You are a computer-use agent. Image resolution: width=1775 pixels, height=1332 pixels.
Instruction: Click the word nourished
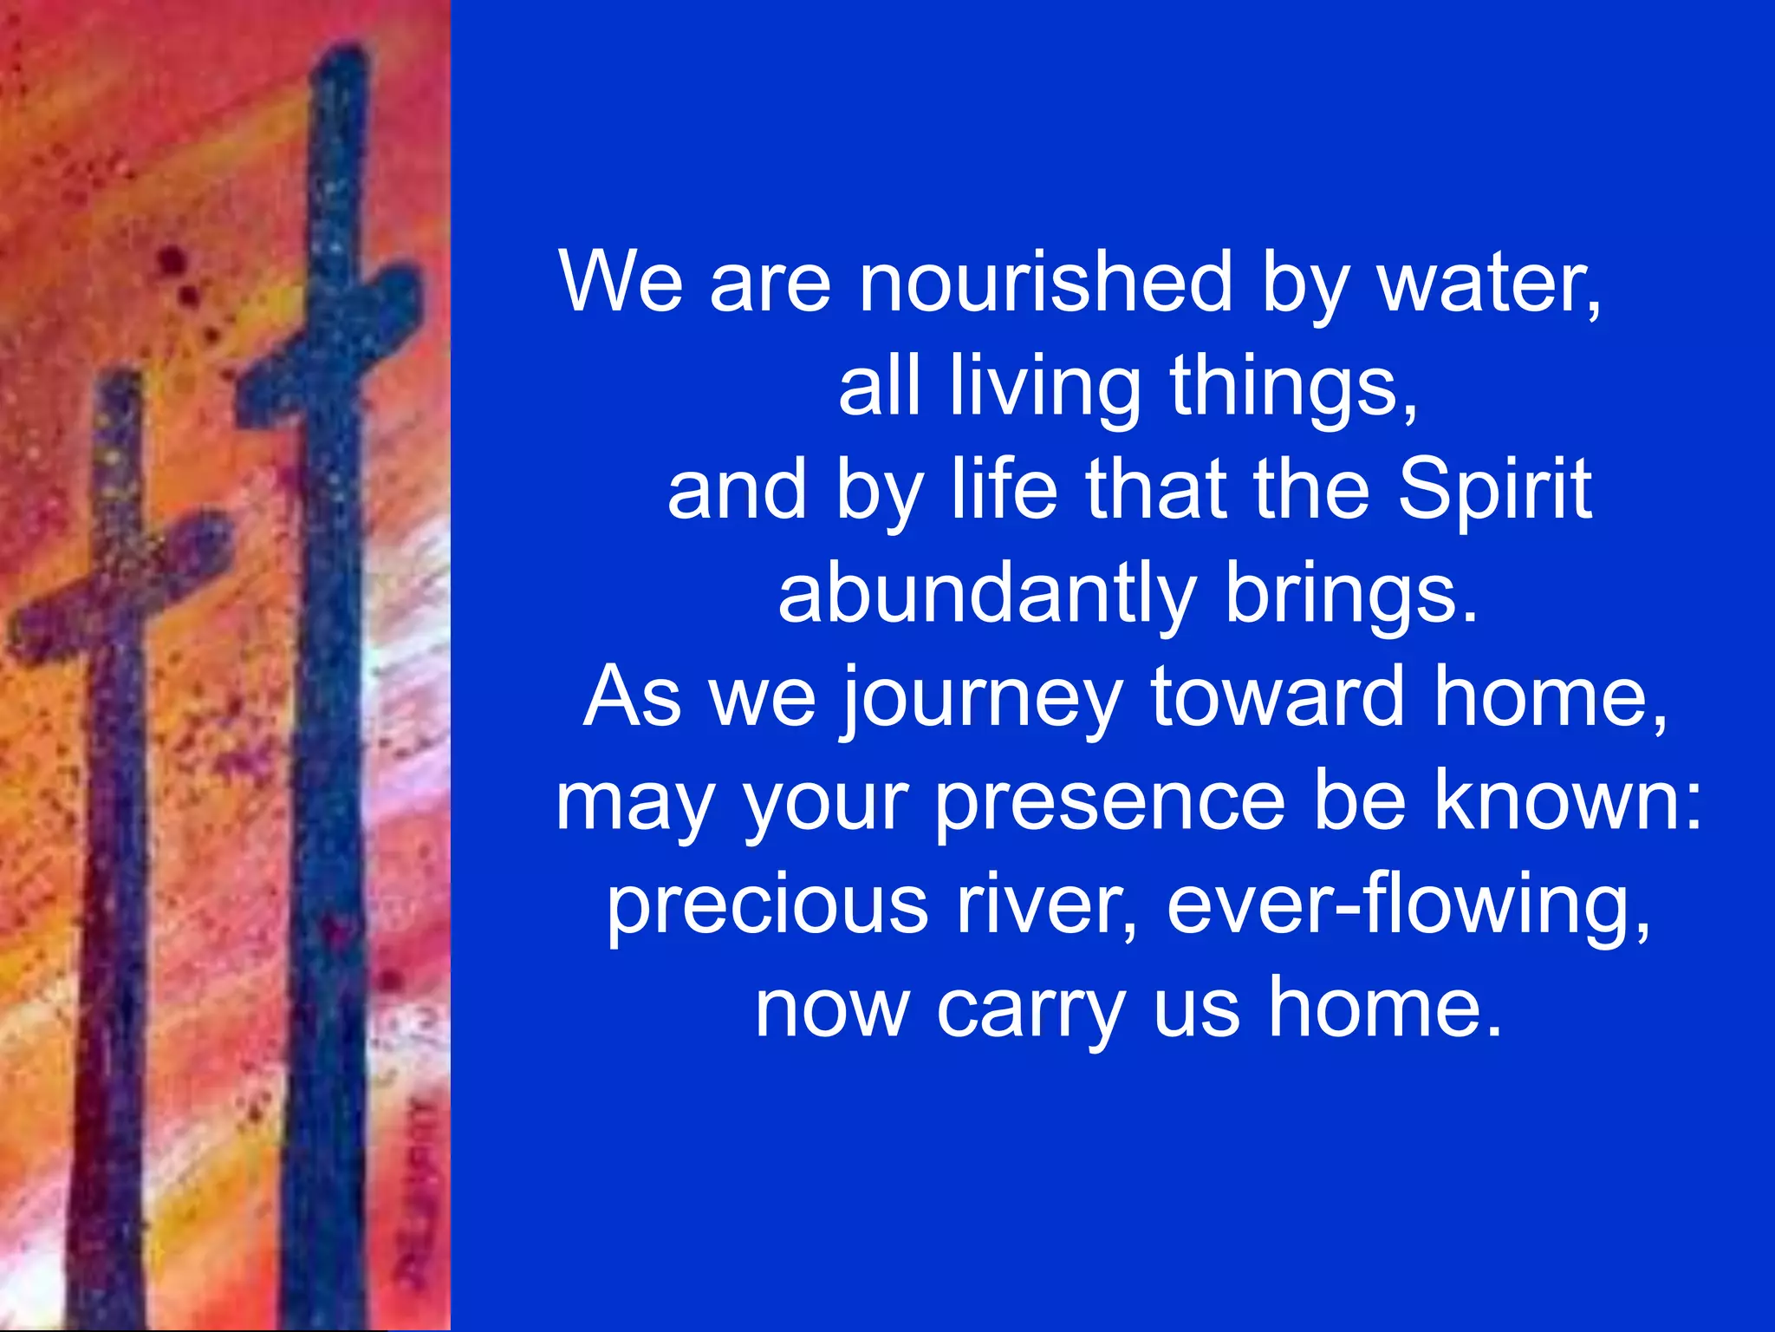click(x=1044, y=282)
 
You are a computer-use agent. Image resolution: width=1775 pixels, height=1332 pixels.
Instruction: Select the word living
click(x=1044, y=388)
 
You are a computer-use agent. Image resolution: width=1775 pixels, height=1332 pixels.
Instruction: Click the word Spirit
click(x=1495, y=490)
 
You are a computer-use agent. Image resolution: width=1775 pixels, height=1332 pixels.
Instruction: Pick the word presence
click(x=1109, y=802)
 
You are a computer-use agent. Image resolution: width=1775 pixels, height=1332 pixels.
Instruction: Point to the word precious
click(x=767, y=906)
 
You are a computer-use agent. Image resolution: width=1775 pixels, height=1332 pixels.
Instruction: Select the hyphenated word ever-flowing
click(x=1408, y=906)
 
